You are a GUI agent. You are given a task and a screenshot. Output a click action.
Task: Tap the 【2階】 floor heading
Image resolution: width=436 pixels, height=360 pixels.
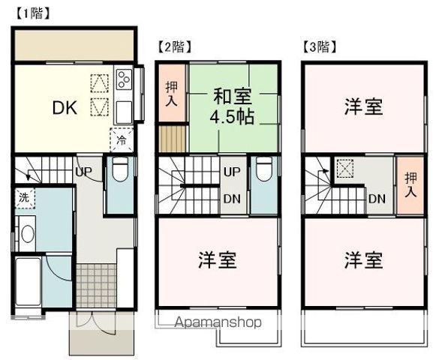click(x=173, y=46)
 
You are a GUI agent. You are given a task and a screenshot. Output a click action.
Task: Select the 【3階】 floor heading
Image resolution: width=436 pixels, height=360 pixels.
click(x=320, y=46)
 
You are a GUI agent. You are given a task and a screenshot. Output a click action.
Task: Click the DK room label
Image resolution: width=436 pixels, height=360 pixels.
click(x=65, y=107)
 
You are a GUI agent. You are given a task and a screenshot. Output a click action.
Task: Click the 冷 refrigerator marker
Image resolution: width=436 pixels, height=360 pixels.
click(x=120, y=139)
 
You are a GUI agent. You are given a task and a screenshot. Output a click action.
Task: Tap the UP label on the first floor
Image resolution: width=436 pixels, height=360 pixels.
click(x=84, y=172)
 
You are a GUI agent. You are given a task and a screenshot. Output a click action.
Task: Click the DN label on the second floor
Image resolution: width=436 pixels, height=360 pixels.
click(x=231, y=198)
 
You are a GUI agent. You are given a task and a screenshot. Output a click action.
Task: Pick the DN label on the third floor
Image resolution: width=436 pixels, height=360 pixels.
click(x=377, y=198)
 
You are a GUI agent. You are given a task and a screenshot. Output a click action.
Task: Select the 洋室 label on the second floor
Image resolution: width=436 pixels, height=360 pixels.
click(x=218, y=261)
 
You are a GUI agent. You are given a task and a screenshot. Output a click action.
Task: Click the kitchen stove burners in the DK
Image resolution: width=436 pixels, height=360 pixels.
click(x=122, y=76)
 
